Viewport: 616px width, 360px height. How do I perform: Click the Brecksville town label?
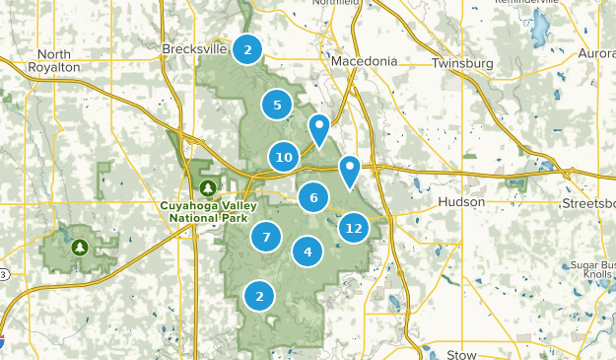pos(196,48)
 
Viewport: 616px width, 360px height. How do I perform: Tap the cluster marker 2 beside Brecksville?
pos(247,48)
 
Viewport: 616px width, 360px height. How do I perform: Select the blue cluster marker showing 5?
pos(277,105)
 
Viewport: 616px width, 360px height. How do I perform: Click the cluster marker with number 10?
pos(285,156)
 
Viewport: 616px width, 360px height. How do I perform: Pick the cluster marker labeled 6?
pos(313,197)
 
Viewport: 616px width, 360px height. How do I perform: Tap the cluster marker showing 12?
pos(353,228)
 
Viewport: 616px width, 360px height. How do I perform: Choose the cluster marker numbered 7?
pos(265,236)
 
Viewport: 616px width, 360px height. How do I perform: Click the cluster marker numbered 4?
pos(308,252)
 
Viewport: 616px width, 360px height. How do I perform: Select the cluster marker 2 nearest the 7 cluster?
pos(259,294)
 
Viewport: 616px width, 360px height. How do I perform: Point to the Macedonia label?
pos(365,61)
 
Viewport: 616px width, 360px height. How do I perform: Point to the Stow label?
pos(461,353)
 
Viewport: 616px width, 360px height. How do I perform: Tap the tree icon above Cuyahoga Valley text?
pos(208,187)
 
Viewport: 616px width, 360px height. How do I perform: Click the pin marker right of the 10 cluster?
pos(318,129)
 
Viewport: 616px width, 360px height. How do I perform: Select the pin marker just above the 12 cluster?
pos(349,172)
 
